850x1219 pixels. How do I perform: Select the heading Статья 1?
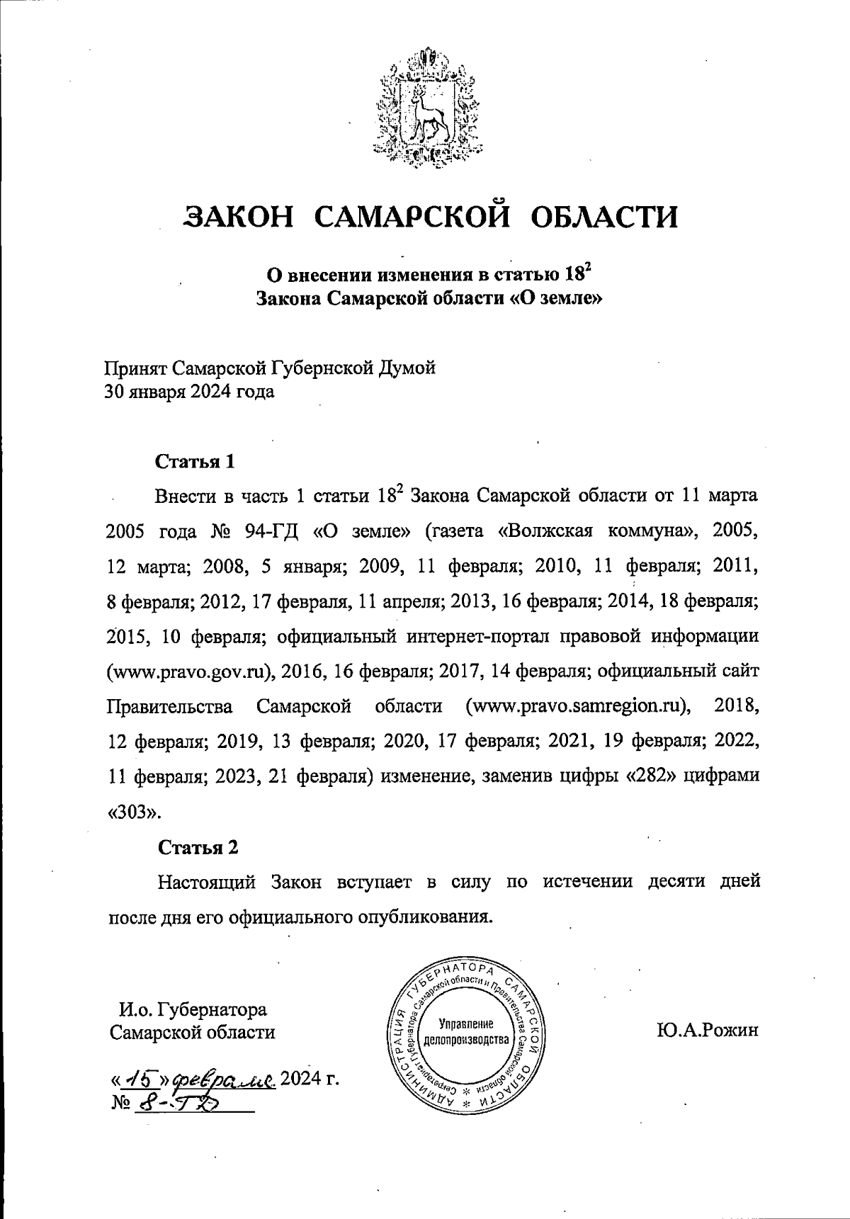[195, 462]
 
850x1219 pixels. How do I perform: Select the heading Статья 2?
[198, 847]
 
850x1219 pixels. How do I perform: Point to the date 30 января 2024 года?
[190, 392]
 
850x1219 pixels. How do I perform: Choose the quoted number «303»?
[134, 812]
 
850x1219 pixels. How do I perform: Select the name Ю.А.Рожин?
[707, 1030]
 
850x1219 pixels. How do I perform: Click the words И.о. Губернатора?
[193, 1009]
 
